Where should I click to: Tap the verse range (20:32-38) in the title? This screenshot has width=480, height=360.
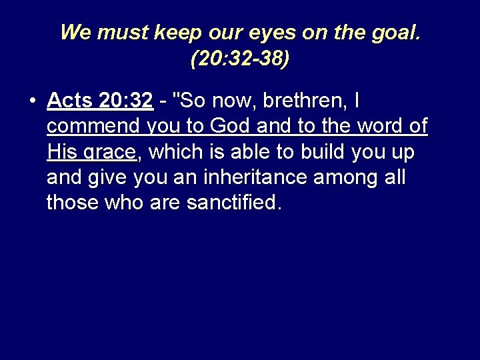click(x=240, y=59)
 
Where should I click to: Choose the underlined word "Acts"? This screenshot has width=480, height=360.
click(x=70, y=101)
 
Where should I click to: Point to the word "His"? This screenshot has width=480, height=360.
click(x=61, y=152)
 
